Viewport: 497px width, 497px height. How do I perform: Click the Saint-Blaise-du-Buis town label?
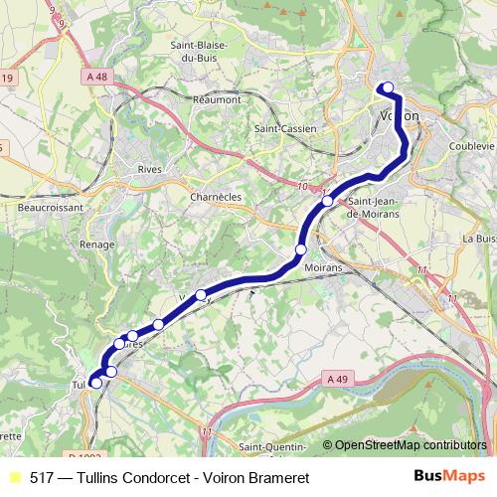point(200,52)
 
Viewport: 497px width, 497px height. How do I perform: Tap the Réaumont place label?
point(219,99)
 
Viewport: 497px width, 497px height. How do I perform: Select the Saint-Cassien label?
point(285,129)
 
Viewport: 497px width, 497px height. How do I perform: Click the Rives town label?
point(150,169)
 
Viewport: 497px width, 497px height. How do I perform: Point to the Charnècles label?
point(216,197)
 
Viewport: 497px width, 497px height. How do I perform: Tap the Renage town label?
point(99,245)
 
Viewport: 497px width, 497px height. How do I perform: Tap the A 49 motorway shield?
point(339,378)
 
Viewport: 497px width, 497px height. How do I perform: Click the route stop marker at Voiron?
point(387,87)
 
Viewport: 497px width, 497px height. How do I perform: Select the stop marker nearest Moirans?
point(301,248)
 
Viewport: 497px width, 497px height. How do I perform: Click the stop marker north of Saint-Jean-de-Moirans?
point(327,202)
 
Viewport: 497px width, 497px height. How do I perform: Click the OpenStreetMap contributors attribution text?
point(410,445)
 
